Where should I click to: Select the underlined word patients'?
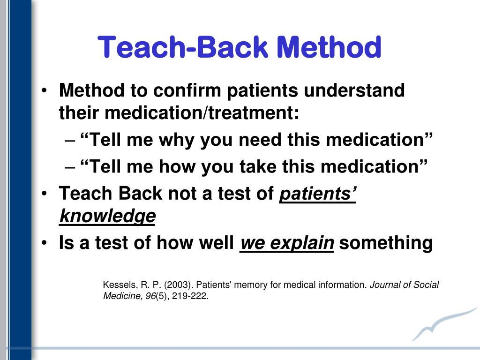pos(318,194)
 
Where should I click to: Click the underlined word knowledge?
pos(107,216)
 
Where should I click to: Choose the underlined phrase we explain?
pos(286,243)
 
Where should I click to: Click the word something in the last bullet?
pos(386,243)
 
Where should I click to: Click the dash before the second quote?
pos(68,167)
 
